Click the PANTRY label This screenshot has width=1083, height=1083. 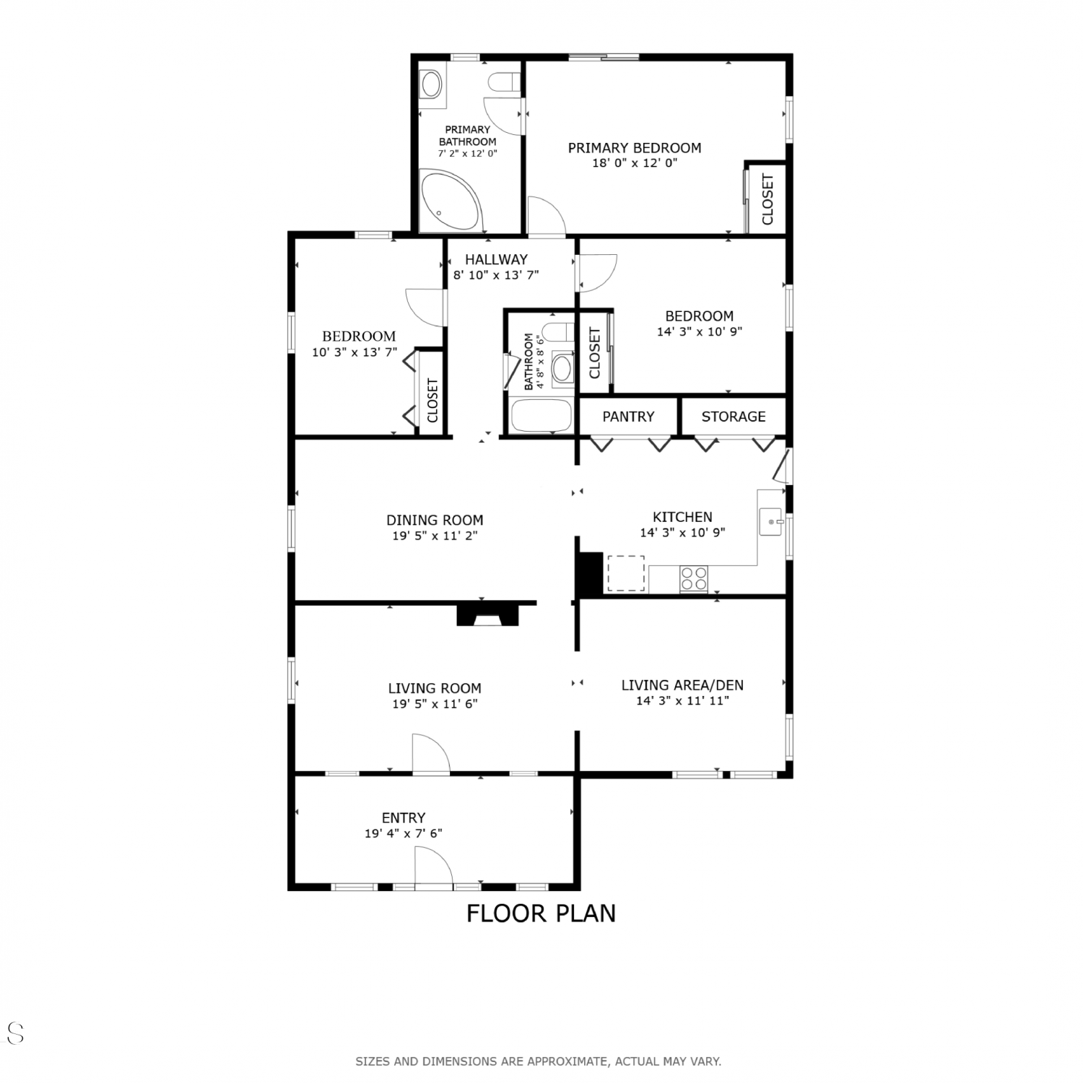(628, 417)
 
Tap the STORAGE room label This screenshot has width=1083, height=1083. (734, 417)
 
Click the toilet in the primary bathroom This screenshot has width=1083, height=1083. (504, 82)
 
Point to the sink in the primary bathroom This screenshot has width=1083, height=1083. (432, 84)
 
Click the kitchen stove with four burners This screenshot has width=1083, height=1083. (694, 578)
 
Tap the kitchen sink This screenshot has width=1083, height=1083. (772, 521)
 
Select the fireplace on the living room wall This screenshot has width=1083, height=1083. (487, 614)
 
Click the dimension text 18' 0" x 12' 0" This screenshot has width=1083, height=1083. (635, 163)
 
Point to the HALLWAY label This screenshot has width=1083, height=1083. (496, 259)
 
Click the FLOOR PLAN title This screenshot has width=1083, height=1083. (541, 913)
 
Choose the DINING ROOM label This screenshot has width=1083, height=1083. (435, 520)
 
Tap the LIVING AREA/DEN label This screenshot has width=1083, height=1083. (682, 685)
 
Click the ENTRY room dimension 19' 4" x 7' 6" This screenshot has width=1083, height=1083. (404, 833)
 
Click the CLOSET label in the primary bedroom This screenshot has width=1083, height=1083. (767, 199)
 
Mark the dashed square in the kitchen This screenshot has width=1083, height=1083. (625, 573)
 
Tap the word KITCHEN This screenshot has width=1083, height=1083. (682, 517)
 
